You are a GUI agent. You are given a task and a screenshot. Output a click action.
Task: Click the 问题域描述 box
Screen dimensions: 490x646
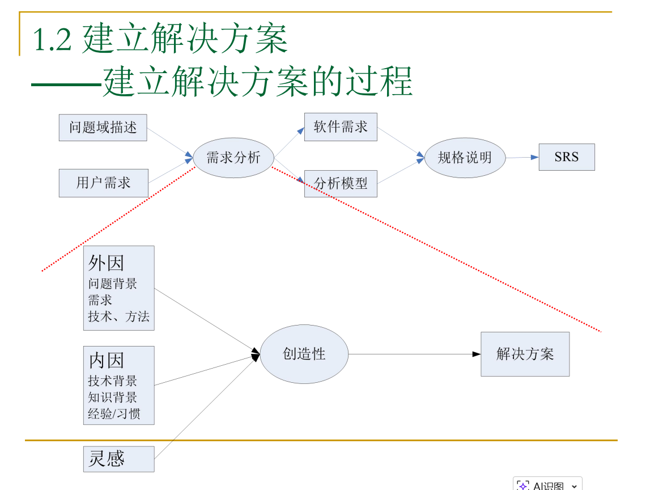103,128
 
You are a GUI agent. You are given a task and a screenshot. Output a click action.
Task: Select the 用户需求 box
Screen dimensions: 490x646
103,183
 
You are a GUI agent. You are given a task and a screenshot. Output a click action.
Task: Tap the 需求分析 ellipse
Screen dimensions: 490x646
233,158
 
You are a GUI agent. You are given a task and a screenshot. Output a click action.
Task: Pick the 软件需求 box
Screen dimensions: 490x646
341,127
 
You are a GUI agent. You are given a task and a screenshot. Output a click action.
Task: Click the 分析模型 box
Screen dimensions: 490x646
341,183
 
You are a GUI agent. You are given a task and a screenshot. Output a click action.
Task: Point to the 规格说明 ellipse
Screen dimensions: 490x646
465,158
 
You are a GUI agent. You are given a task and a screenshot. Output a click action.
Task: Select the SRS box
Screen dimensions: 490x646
567,157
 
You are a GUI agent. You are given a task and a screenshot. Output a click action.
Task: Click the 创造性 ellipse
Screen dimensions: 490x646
304,354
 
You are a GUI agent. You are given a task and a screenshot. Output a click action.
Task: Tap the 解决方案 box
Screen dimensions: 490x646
525,354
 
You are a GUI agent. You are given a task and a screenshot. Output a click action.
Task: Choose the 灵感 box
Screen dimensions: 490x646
118,459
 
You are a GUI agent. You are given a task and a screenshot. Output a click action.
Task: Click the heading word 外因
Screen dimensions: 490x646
106,263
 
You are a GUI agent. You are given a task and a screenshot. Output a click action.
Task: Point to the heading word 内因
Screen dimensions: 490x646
106,360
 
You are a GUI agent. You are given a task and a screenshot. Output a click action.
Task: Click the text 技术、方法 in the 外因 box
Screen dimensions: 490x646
118,316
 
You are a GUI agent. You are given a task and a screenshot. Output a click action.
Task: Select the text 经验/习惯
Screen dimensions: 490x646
114,413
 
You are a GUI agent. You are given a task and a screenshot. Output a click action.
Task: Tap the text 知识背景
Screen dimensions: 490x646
112,397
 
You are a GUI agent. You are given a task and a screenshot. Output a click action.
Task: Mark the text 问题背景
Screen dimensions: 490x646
112,284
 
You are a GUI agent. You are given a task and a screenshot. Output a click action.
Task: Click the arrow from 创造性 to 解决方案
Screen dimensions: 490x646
414,354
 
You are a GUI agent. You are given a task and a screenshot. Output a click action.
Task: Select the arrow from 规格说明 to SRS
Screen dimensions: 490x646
522,157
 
